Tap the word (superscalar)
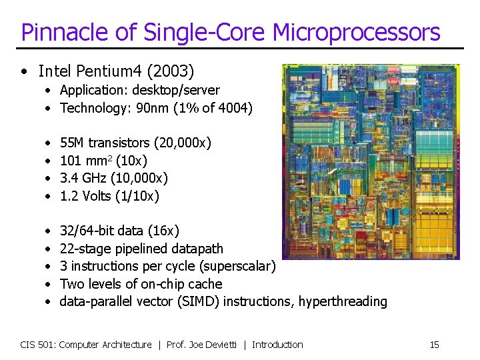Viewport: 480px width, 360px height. pos(237,267)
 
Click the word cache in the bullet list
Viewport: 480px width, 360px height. pos(206,284)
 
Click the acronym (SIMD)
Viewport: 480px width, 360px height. pos(199,301)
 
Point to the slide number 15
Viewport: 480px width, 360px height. pos(434,345)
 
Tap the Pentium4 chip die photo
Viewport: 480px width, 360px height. pos(371,161)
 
